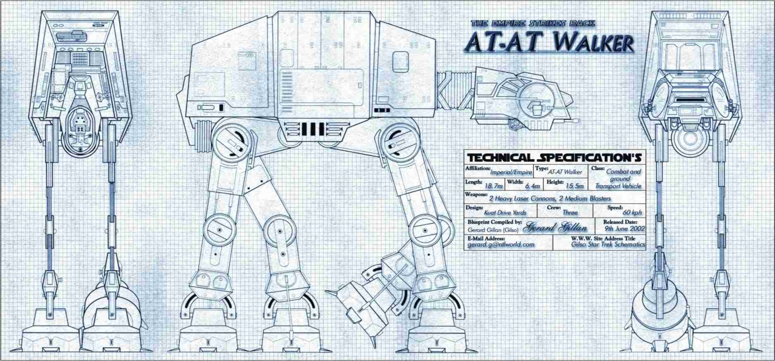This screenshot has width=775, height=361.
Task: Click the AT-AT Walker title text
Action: click(x=549, y=41)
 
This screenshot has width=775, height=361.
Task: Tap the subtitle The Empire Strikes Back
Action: click(x=533, y=23)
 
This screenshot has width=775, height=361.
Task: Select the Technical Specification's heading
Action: click(x=554, y=158)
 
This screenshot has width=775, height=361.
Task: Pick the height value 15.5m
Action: click(x=575, y=186)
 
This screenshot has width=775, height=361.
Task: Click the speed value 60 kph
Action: click(x=632, y=213)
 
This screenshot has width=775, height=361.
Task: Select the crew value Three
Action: click(x=570, y=213)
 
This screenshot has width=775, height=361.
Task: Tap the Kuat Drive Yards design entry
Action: click(x=505, y=213)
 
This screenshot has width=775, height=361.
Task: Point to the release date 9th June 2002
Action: click(x=624, y=228)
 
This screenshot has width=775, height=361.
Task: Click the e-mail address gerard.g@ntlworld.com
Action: click(x=501, y=244)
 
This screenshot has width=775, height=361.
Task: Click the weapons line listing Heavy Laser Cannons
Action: click(x=550, y=198)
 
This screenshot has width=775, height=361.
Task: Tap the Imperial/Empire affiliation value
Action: click(x=511, y=172)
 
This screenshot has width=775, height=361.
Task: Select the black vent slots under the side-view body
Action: click(x=313, y=129)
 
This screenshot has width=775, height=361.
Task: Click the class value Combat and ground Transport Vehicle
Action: click(x=619, y=179)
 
